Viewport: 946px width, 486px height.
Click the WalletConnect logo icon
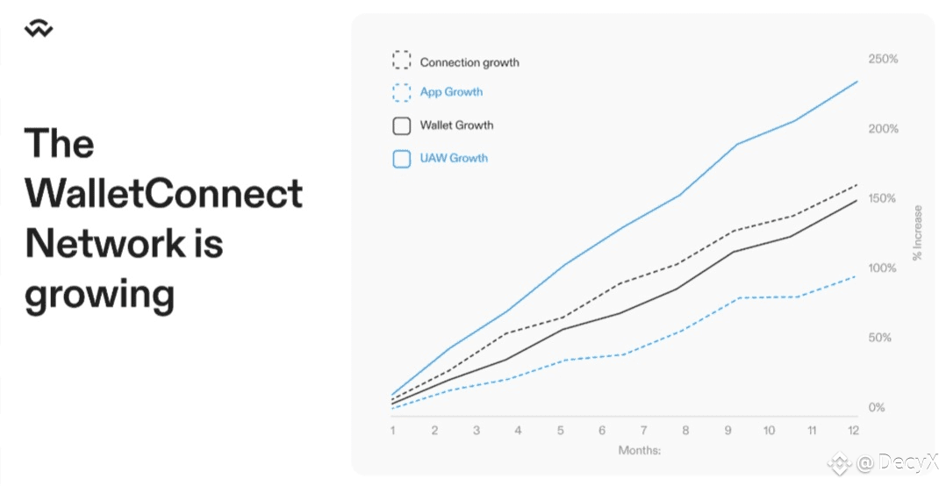[x=39, y=28]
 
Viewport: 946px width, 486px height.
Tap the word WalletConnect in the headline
[x=163, y=193]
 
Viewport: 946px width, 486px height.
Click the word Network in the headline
[x=104, y=243]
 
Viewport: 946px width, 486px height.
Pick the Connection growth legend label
[x=469, y=62]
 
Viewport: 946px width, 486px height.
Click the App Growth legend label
[x=451, y=91]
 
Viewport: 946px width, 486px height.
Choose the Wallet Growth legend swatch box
[x=402, y=125]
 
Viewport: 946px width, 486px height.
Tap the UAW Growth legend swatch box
[x=402, y=159]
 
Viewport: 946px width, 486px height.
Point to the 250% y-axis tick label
[x=883, y=59]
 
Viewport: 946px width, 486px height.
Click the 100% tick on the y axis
[x=882, y=268]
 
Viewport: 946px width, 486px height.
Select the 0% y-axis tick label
[x=877, y=408]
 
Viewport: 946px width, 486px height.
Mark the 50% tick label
[x=879, y=338]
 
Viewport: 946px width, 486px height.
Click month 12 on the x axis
[x=852, y=431]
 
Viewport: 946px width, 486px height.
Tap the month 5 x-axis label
[x=561, y=431]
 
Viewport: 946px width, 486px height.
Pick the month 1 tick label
[x=393, y=431]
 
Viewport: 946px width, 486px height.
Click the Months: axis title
[x=640, y=450]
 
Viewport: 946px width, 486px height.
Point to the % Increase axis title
[x=918, y=232]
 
